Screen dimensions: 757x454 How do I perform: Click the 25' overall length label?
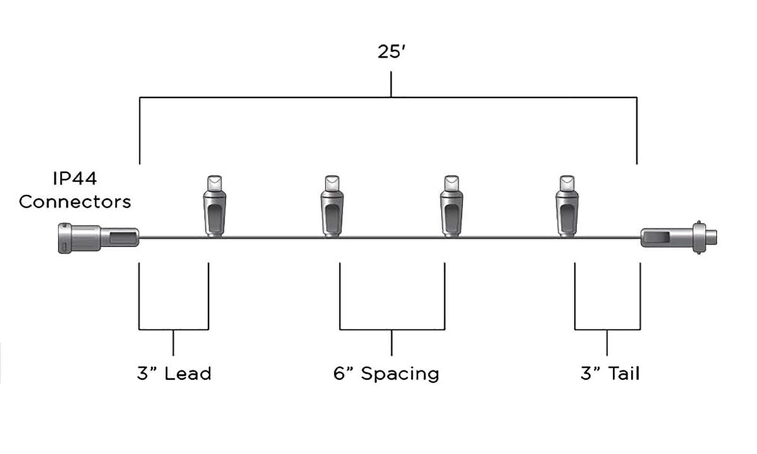point(391,52)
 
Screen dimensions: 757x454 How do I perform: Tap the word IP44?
point(75,178)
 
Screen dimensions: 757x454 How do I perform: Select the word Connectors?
point(74,202)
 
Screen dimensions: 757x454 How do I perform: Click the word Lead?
point(187,373)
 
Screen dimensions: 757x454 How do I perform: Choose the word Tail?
point(624,373)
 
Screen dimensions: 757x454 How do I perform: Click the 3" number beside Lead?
point(148,373)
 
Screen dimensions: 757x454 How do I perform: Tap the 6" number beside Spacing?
point(343,373)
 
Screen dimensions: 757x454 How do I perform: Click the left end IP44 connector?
point(98,238)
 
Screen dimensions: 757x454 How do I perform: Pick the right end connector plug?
point(679,238)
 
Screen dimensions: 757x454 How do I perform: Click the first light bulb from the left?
point(214,206)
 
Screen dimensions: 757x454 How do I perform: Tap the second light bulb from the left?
point(332,206)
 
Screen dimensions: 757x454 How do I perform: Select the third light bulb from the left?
point(452,206)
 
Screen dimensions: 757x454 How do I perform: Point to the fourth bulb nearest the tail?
point(567,206)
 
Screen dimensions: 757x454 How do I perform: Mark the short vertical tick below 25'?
point(391,84)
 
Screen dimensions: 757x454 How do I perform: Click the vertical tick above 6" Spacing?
point(392,342)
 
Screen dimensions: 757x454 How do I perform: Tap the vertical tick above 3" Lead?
point(173,342)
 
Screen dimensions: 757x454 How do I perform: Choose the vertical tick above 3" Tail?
point(607,342)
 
